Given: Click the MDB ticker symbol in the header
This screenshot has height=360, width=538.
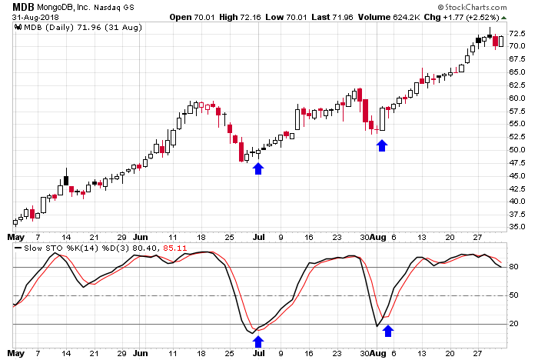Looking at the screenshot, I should (22, 7).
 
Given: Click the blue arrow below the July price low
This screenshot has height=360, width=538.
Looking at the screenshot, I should (258, 168).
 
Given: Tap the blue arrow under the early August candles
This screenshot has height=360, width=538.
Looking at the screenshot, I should (383, 144).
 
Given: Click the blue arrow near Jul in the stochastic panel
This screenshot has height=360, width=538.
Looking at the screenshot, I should (258, 341).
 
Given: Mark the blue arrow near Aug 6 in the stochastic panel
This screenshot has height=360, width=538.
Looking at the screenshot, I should (388, 331).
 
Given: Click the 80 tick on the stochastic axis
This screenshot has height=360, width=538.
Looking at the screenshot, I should (513, 267).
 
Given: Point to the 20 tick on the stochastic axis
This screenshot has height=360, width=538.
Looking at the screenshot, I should (513, 324).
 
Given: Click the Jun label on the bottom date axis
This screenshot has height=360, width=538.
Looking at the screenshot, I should (141, 353).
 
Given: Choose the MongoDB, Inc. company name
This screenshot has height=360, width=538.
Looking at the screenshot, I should (75, 7).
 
